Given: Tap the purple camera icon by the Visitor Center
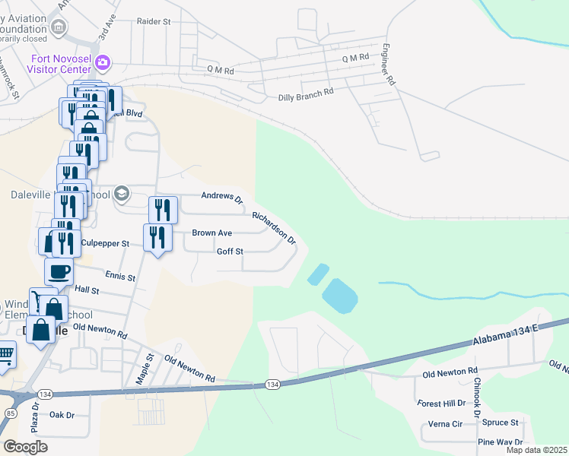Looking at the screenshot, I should point(103,62).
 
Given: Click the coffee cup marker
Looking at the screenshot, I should point(59,270).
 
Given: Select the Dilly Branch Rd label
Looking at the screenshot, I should point(306,92).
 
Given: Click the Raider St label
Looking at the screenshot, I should point(153,22).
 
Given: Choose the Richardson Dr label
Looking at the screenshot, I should point(274,227).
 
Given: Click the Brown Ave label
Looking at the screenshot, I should point(212,233).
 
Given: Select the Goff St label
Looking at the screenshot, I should point(230,252).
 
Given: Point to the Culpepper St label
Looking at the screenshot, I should point(106,243).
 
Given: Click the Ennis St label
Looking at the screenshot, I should point(120,277).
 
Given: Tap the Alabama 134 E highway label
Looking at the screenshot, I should point(504,335).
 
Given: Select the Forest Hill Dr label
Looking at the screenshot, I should point(441,403).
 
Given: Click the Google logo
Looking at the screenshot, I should point(25,447).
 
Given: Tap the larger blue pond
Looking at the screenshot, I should point(339,295).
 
